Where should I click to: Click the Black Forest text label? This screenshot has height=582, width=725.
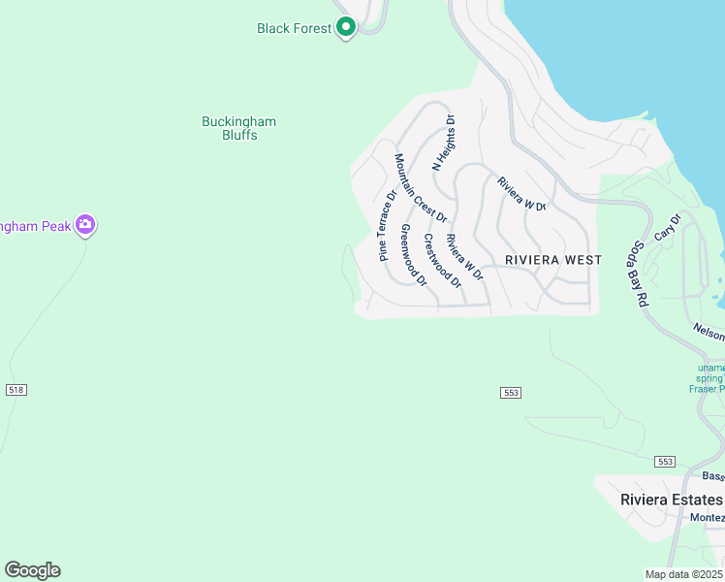coord(294,28)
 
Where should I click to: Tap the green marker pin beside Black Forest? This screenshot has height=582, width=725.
coord(347,27)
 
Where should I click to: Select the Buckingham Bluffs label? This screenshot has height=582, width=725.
coord(238,128)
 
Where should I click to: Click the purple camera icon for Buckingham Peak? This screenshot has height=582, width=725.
coord(85,225)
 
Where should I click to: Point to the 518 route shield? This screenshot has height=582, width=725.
coord(16,389)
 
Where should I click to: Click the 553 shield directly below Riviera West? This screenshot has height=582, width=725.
coord(512,392)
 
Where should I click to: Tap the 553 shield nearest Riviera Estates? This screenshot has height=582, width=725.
coord(664,461)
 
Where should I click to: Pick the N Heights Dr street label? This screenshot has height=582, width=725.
coord(443,143)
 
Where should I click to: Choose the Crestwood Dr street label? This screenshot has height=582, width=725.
coord(442,259)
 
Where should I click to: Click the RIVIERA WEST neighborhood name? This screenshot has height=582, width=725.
coord(553,260)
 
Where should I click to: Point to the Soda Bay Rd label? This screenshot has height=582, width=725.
coord(640,274)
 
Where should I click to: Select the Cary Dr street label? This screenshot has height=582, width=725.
coord(668,228)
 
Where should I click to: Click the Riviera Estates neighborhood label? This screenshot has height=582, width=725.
coord(671,500)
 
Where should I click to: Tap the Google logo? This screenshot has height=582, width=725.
coord(32,570)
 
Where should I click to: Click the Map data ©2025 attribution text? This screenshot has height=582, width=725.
coord(683,574)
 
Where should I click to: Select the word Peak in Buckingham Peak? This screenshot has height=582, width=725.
coord(55,226)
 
